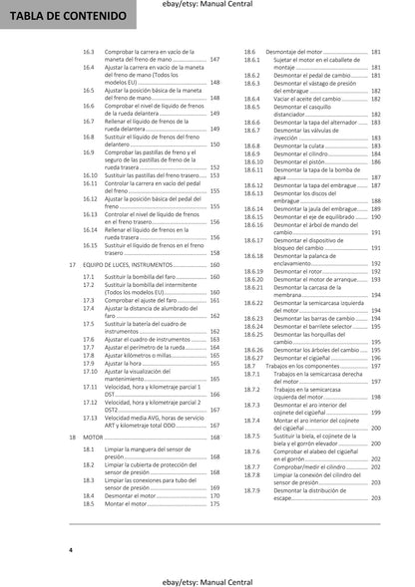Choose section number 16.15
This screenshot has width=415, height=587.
pos(90,244)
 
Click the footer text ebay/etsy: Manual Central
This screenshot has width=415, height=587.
pos(207,575)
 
